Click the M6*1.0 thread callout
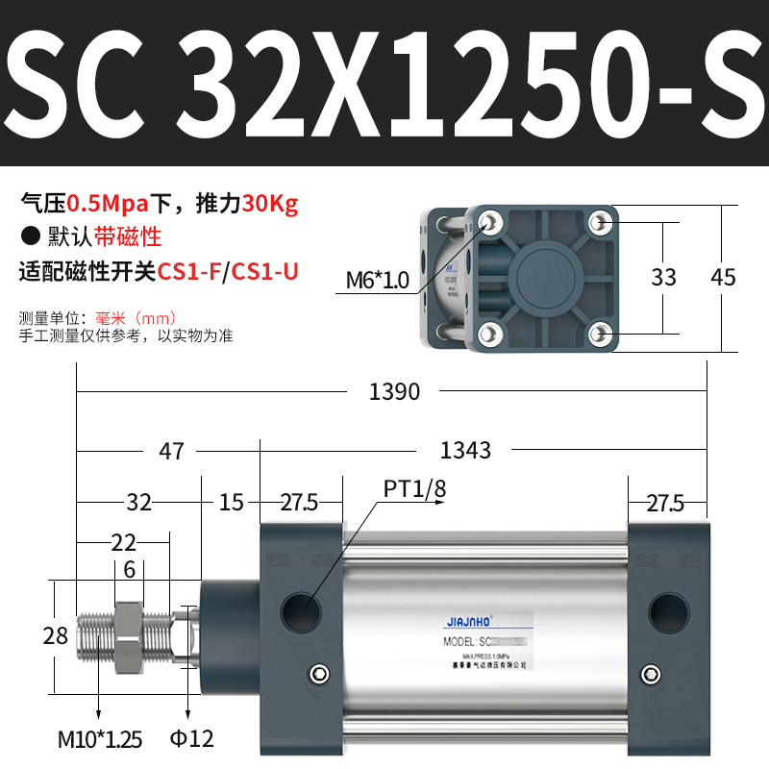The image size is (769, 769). pyautogui.click(x=378, y=280)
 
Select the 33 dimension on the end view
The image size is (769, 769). pyautogui.click(x=663, y=278)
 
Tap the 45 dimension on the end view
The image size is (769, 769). pyautogui.click(x=722, y=278)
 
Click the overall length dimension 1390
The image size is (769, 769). pyautogui.click(x=394, y=391)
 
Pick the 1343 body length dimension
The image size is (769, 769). pyautogui.click(x=465, y=450)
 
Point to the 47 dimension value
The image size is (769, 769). pyautogui.click(x=171, y=450)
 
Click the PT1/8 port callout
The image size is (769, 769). pyautogui.click(x=414, y=489)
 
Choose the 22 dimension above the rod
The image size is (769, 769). pyautogui.click(x=123, y=542)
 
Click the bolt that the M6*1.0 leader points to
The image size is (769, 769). pyautogui.click(x=492, y=223)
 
